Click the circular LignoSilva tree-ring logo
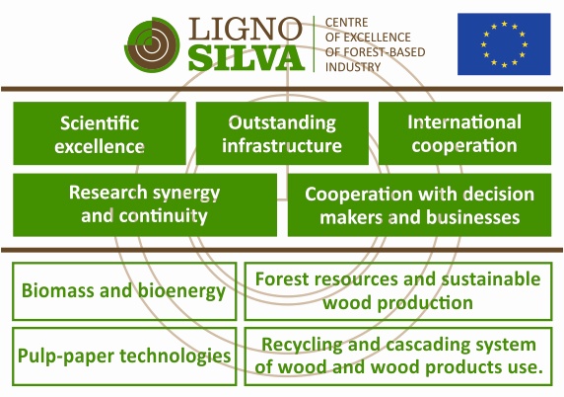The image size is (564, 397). (152, 44)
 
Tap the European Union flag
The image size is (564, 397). (504, 44)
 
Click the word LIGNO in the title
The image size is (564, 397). (245, 29)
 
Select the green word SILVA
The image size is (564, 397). (247, 58)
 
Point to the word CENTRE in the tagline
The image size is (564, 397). (346, 23)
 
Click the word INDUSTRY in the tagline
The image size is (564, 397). (353, 67)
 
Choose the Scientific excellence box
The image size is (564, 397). (100, 133)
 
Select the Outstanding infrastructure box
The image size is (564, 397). (282, 133)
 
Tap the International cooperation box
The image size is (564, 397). (464, 133)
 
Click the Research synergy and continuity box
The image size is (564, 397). (145, 205)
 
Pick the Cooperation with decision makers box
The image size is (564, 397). (419, 205)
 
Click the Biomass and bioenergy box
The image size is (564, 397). (124, 291)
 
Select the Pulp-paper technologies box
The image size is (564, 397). (124, 357)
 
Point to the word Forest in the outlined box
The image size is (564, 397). (277, 279)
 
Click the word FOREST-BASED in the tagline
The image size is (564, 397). (385, 52)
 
